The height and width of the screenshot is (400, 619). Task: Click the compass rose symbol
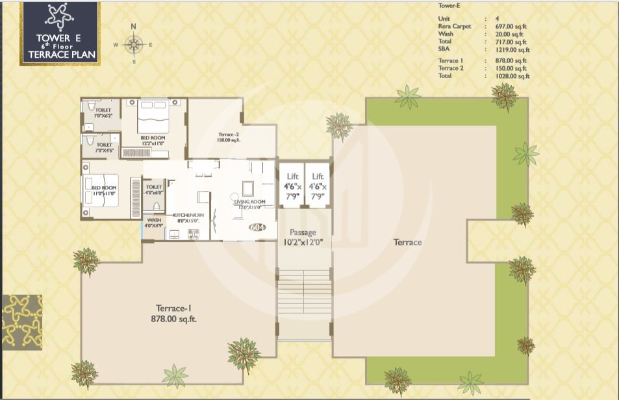[133, 44]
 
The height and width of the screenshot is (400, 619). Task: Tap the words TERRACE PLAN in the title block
[60, 55]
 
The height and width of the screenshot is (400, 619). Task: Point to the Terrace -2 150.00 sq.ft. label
[229, 137]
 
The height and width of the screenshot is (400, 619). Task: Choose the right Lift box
[317, 185]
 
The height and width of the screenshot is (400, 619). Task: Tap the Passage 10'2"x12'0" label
[303, 238]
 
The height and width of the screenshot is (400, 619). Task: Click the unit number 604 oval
[258, 227]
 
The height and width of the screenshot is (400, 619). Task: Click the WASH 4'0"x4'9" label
[154, 223]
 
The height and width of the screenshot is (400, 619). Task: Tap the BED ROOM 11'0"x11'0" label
[103, 190]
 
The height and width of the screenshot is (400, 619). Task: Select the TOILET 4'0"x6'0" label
[154, 190]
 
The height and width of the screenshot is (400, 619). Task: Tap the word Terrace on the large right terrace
[407, 242]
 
